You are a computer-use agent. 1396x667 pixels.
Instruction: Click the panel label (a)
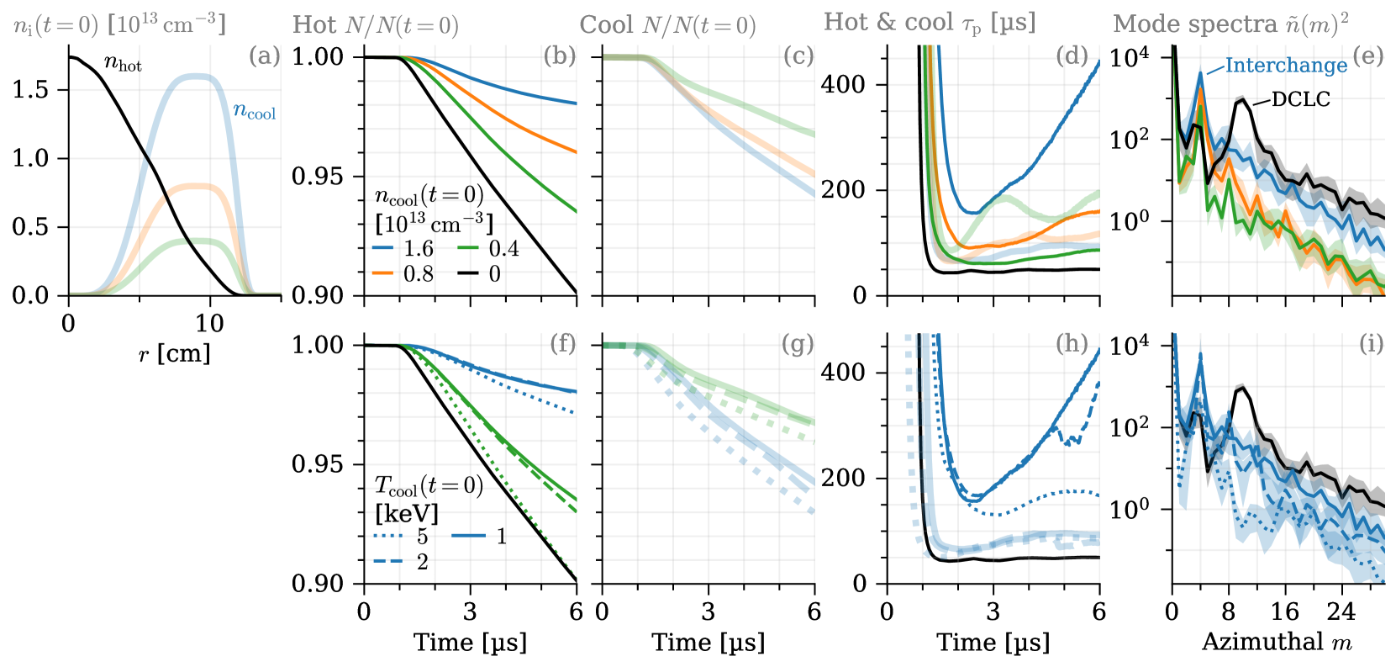pos(264,57)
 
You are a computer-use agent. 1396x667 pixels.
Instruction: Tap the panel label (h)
pos(1071,344)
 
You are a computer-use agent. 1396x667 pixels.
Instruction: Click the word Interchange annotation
pos(1285,66)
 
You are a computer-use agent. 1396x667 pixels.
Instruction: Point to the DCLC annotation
pos(1300,100)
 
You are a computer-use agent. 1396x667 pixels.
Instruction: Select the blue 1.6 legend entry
pos(404,249)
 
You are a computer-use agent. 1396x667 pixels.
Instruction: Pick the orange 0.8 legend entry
pos(404,274)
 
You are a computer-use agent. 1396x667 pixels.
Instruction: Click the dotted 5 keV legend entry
pos(402,537)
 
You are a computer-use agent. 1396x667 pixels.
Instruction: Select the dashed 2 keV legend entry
pos(402,562)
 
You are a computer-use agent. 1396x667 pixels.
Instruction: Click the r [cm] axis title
pos(174,354)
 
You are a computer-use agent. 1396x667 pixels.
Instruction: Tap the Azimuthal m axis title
pos(1277,643)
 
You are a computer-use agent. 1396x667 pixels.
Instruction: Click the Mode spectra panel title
pos(1230,24)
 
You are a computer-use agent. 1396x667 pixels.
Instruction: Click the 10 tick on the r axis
pos(209,324)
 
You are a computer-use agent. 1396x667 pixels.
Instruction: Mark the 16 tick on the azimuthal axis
pos(1285,611)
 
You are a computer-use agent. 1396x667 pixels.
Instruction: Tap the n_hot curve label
pos(123,63)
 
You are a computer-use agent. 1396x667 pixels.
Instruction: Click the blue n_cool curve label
pos(254,112)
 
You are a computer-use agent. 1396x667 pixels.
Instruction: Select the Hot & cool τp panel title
pos(930,24)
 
